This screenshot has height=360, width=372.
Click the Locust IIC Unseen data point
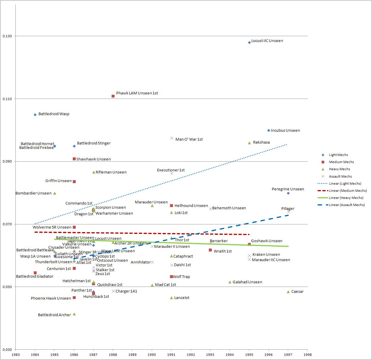click(x=249, y=42)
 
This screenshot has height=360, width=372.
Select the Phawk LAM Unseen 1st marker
click(x=113, y=96)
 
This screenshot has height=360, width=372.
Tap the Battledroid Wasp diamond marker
click(x=35, y=115)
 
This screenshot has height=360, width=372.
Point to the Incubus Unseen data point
click(x=269, y=130)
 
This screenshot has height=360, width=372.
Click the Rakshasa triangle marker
click(x=249, y=143)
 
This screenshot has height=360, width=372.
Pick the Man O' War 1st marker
click(x=172, y=138)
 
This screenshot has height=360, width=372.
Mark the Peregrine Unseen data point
click(x=288, y=193)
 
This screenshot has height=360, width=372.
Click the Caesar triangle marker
click(x=288, y=292)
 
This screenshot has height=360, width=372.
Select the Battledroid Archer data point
click(x=74, y=314)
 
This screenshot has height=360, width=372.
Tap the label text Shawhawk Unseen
click(x=93, y=159)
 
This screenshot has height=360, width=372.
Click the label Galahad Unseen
click(x=247, y=282)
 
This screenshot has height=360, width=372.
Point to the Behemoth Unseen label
click(x=229, y=208)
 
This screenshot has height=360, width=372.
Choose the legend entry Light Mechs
click(x=338, y=155)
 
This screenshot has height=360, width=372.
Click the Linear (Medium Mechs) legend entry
click(x=348, y=191)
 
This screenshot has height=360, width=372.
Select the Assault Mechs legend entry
click(x=340, y=176)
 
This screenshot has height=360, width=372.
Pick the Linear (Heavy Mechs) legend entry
click(x=346, y=198)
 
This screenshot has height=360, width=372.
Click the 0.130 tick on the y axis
click(x=7, y=36)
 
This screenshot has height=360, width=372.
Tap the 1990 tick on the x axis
click(x=152, y=354)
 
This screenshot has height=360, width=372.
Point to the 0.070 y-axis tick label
click(x=7, y=224)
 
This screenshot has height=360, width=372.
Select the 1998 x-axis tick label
click(x=307, y=354)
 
